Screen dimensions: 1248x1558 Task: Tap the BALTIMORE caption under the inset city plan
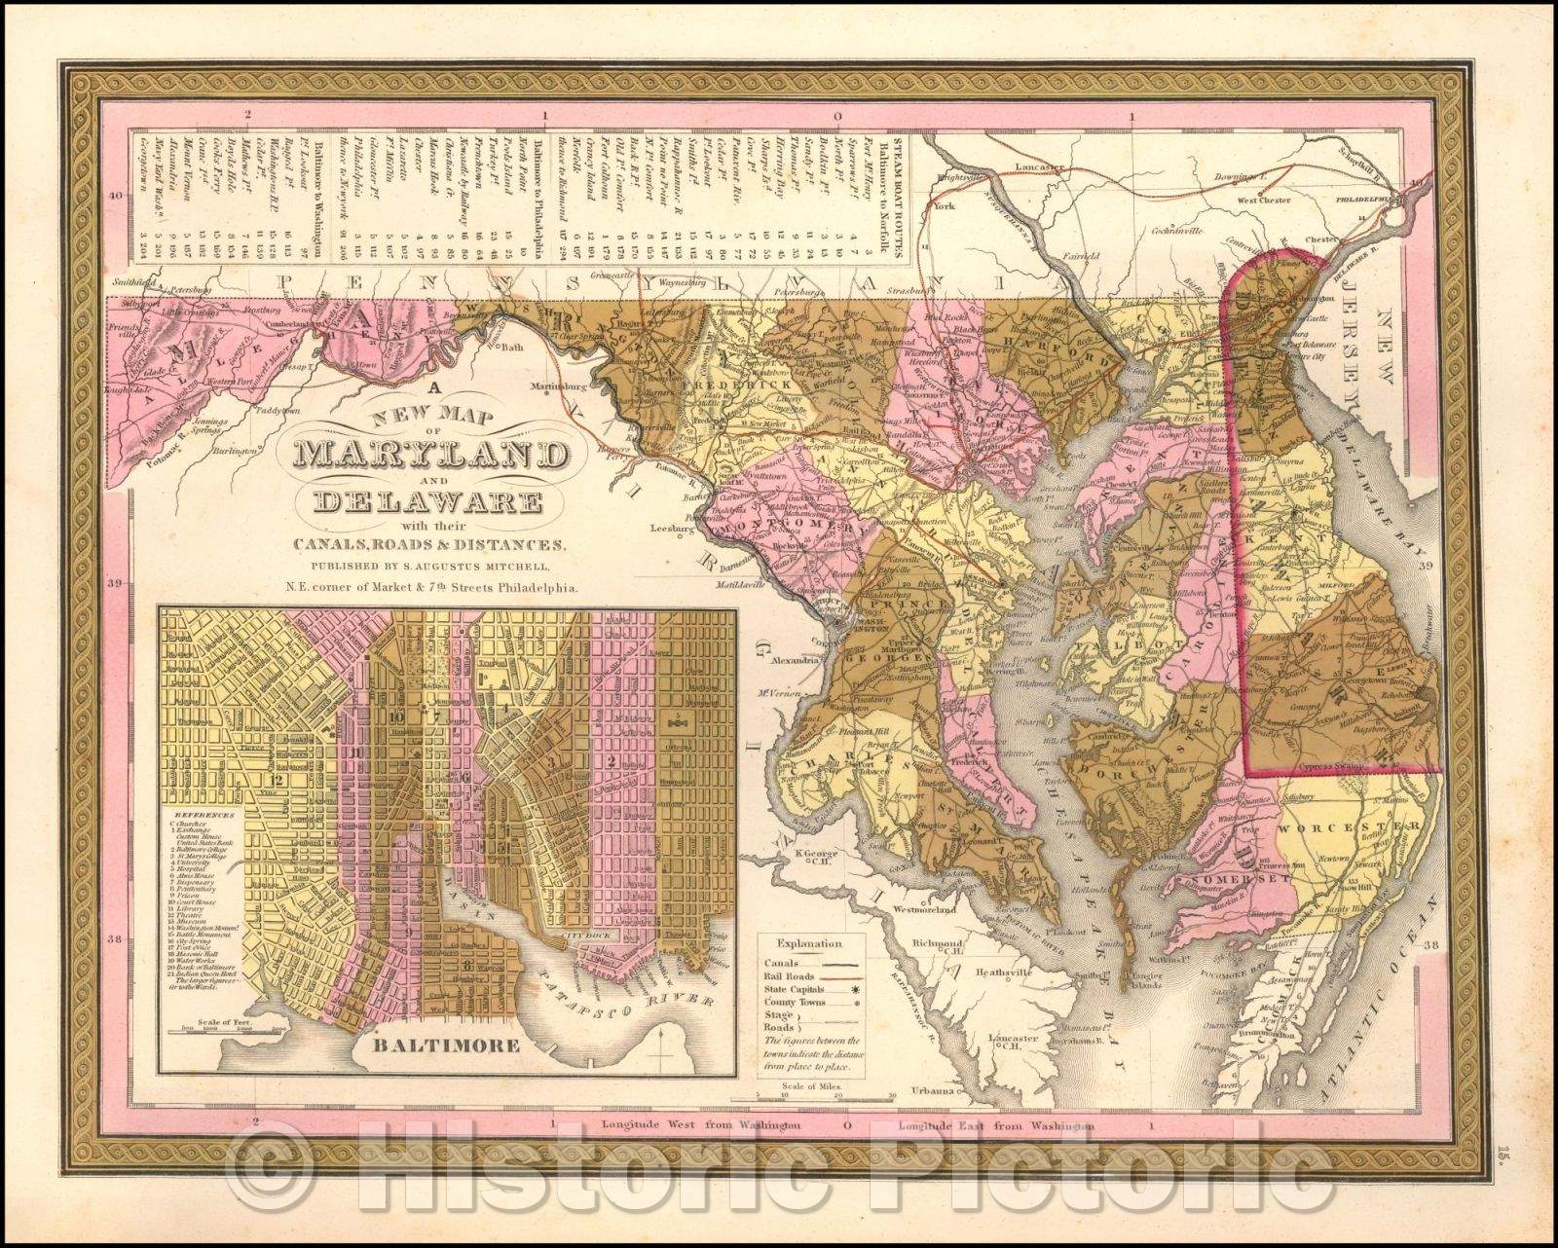[x=433, y=1046]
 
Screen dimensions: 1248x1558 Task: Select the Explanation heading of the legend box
[x=804, y=944]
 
